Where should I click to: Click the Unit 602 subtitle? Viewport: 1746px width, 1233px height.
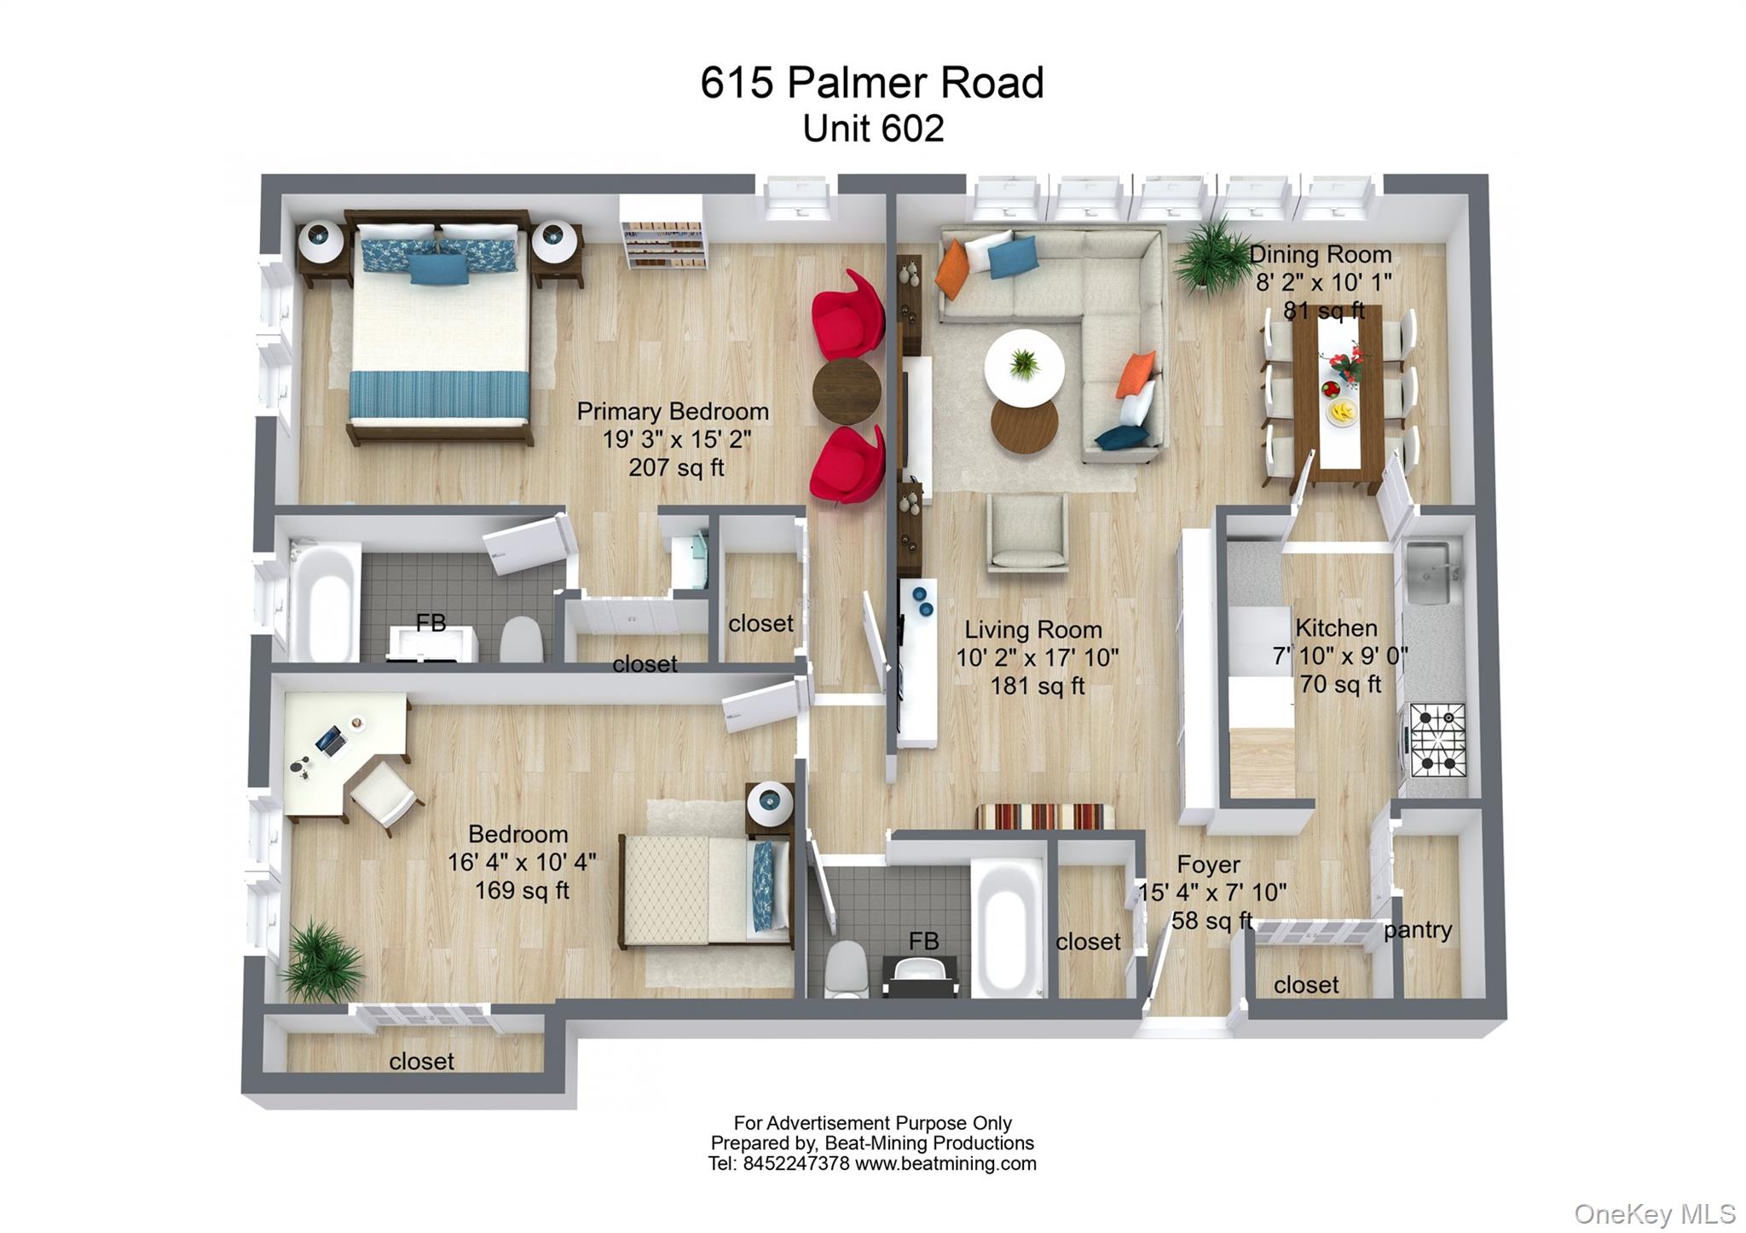(x=873, y=129)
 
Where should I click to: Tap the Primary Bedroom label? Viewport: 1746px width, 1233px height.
(x=673, y=412)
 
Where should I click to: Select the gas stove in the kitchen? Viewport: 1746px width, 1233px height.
(x=1437, y=739)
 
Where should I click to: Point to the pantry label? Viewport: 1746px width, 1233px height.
(x=1417, y=929)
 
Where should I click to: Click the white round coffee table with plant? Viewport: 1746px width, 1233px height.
(x=1024, y=368)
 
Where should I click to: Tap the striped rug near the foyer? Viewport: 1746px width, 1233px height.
(x=1045, y=816)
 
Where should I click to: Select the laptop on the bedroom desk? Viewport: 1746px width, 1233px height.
(x=332, y=740)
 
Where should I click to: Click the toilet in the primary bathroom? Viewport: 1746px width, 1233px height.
(x=520, y=640)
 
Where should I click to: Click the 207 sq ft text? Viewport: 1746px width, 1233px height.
(x=676, y=467)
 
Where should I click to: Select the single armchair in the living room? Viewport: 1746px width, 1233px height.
(x=1027, y=534)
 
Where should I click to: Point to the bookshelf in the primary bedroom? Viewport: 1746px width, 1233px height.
(x=663, y=235)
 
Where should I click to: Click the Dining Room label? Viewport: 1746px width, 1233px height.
(x=1320, y=255)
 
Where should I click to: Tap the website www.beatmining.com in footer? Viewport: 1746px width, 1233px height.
(x=945, y=1164)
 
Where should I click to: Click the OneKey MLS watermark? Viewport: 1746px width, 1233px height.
(x=1654, y=1213)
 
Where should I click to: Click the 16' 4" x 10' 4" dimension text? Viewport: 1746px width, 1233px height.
(x=522, y=862)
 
